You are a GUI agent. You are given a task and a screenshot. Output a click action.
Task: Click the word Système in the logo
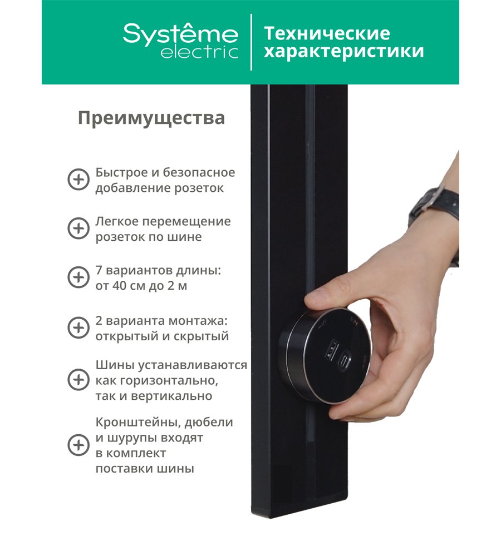(x=180, y=33)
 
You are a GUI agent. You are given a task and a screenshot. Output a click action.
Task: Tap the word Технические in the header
(x=327, y=33)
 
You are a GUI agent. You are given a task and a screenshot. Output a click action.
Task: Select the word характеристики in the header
(x=344, y=51)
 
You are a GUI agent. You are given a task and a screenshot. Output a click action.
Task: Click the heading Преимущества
(x=151, y=118)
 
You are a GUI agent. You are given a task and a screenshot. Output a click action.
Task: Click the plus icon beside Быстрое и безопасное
(x=78, y=180)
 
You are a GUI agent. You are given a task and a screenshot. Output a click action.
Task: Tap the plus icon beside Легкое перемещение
(x=78, y=229)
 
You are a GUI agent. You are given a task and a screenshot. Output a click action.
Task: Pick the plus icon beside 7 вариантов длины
(x=78, y=277)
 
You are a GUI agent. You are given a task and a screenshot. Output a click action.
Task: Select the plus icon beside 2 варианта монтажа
(x=78, y=327)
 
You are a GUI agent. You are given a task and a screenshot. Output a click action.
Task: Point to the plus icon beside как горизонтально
(x=78, y=380)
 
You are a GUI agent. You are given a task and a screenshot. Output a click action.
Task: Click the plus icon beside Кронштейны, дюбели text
(x=78, y=445)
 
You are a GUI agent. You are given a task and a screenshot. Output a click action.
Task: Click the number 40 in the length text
(x=120, y=286)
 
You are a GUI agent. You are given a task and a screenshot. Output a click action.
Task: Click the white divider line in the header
(x=252, y=42)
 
